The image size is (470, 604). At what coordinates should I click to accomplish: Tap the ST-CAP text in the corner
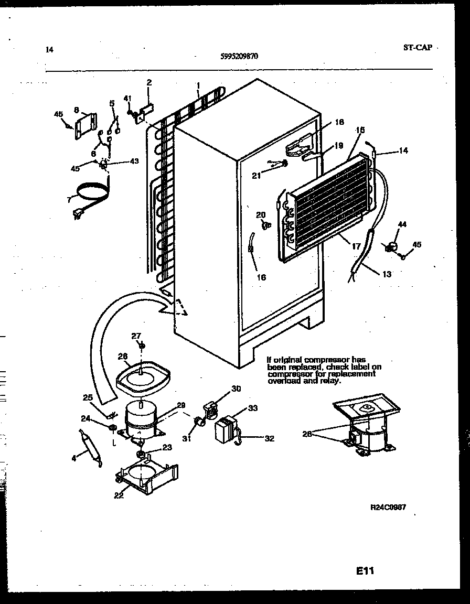pyautogui.click(x=418, y=48)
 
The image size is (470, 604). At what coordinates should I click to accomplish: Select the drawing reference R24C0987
pyautogui.click(x=389, y=508)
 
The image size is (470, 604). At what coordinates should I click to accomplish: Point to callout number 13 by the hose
pyautogui.click(x=387, y=274)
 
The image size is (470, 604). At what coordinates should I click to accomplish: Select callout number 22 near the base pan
pyautogui.click(x=119, y=495)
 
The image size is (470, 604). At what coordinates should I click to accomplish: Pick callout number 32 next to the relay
pyautogui.click(x=269, y=439)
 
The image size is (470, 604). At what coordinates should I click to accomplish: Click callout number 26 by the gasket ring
pyautogui.click(x=122, y=357)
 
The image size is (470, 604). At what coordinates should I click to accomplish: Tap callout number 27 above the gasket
pyautogui.click(x=136, y=336)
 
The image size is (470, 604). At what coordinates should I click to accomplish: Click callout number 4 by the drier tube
pyautogui.click(x=74, y=458)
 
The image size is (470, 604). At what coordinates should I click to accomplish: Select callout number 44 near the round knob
pyautogui.click(x=402, y=224)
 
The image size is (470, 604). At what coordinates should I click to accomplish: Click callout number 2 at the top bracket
pyautogui.click(x=149, y=83)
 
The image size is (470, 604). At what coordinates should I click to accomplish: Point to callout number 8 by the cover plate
pyautogui.click(x=77, y=110)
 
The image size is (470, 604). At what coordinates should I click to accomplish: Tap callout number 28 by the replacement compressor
pyautogui.click(x=308, y=434)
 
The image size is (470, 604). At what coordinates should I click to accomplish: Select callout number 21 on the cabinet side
pyautogui.click(x=256, y=176)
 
